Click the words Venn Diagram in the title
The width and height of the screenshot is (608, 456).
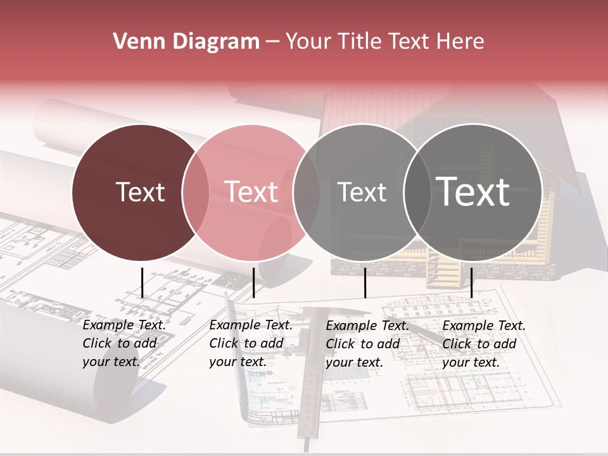pyautogui.click(x=186, y=42)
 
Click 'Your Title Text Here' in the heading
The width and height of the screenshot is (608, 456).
pyautogui.click(x=384, y=42)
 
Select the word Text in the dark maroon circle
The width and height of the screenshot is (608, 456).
pyautogui.click(x=140, y=192)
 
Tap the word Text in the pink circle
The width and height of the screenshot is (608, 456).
pyautogui.click(x=251, y=192)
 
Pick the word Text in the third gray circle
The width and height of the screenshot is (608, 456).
pyautogui.click(x=362, y=192)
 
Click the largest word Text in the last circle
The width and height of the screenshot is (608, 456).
pyautogui.click(x=473, y=192)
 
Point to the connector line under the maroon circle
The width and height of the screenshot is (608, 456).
pyautogui.click(x=142, y=282)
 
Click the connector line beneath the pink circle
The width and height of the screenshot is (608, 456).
pyautogui.click(x=253, y=282)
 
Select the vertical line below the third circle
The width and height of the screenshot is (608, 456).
pyautogui.click(x=365, y=282)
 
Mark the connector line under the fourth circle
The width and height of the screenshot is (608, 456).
pyautogui.click(x=471, y=282)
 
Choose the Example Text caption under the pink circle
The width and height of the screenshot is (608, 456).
pyautogui.click(x=250, y=343)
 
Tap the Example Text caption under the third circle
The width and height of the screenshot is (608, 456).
pyautogui.click(x=367, y=344)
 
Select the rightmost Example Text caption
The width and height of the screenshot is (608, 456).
pyautogui.click(x=483, y=344)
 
